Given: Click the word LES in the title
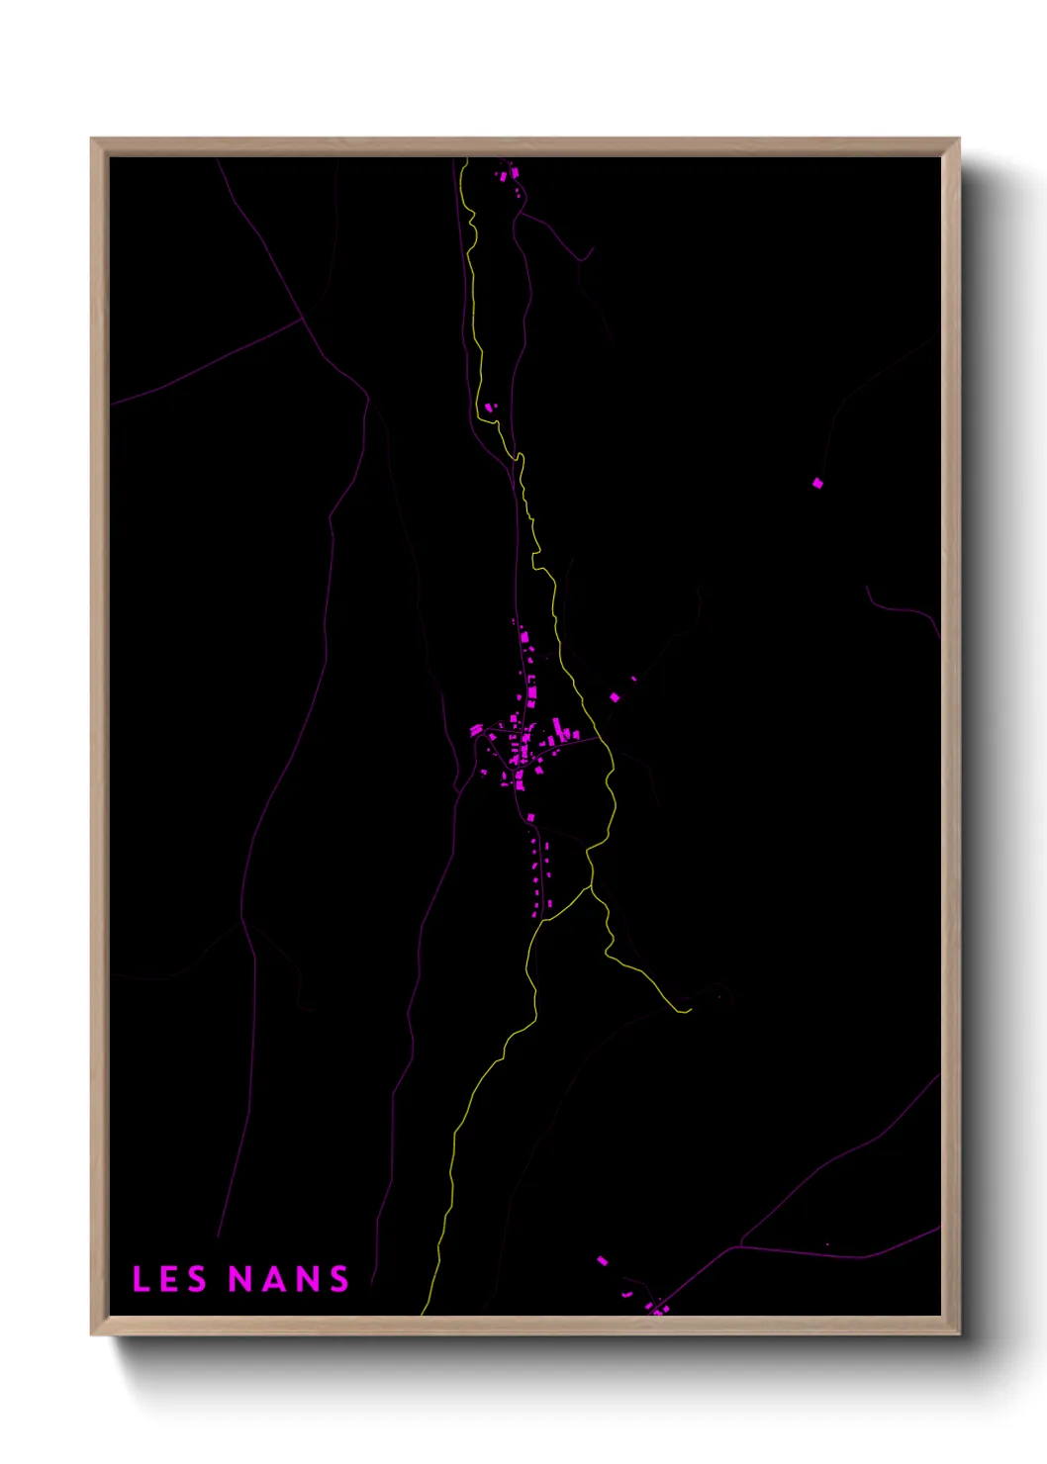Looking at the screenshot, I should (169, 1279).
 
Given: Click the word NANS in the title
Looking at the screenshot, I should (289, 1279).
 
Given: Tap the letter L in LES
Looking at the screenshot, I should (140, 1279).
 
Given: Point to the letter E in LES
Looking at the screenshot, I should (169, 1279).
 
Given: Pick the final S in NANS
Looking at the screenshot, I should (339, 1279).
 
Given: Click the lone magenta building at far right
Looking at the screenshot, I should (817, 483).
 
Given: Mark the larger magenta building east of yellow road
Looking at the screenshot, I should (615, 697).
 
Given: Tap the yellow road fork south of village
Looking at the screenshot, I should (591, 887).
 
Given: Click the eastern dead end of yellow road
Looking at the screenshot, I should (690, 1010).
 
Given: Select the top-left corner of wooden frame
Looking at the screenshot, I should (92, 139).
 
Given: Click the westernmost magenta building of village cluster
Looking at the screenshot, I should (476, 730).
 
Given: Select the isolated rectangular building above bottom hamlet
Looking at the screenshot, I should (602, 1260).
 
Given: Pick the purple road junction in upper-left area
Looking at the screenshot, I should (302, 319).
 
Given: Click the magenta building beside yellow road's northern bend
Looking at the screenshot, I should (489, 407).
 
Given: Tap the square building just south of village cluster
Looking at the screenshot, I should (531, 817).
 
